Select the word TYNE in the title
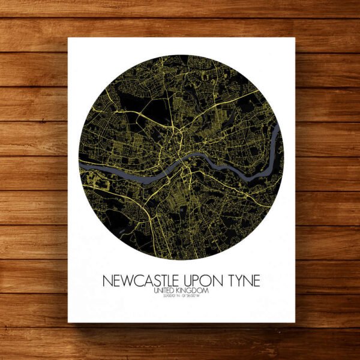[x=242, y=281]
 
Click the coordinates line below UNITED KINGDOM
[x=180, y=296]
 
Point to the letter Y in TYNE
[x=236, y=281]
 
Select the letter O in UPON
[x=206, y=281]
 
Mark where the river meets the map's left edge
[x=80, y=163]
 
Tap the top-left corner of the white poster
[x=68, y=38]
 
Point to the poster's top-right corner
[x=295, y=38]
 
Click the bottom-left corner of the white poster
[x=68, y=322]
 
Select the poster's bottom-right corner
[x=295, y=322]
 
